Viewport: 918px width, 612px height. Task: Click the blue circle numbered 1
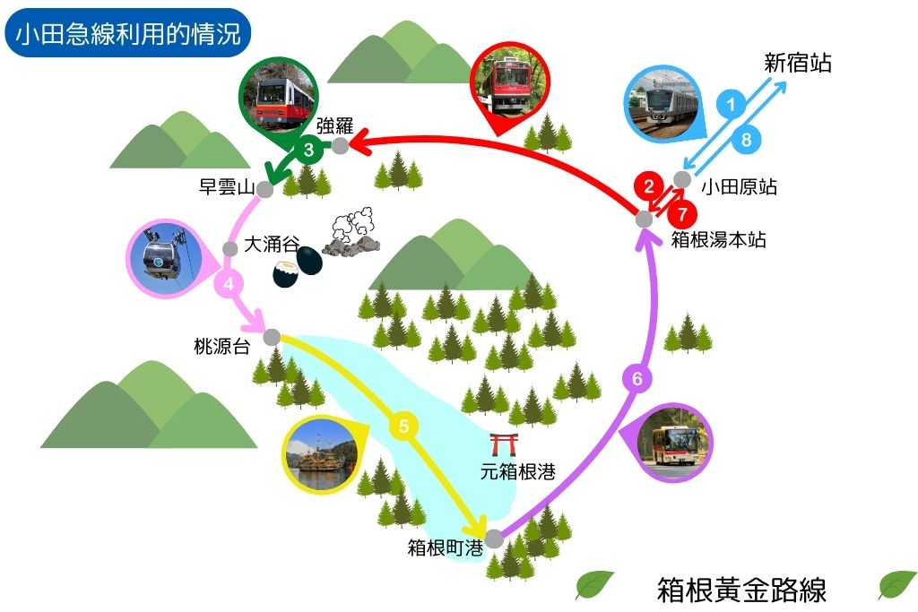coord(730,105)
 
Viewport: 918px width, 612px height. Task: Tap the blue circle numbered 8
coord(746,139)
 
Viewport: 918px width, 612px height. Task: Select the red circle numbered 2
coord(649,186)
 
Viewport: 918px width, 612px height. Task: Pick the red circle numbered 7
coord(682,214)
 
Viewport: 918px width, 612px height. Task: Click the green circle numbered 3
coord(308,150)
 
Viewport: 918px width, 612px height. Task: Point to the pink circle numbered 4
coord(229,284)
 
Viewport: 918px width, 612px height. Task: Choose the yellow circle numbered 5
coord(403,426)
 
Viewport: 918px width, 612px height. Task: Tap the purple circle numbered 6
coord(637,378)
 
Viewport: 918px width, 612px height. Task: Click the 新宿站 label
coord(797,63)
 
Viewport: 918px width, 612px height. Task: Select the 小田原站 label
coord(739,186)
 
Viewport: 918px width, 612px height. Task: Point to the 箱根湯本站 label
coord(718,239)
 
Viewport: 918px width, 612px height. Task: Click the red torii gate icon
coord(504,444)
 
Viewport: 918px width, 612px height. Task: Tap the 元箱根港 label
coord(517,471)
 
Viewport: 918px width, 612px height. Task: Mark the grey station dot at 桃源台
coord(272,337)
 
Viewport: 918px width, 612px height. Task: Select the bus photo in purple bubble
coord(675,442)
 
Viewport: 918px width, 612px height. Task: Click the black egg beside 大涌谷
coord(309,260)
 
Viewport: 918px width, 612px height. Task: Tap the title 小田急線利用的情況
coord(127,34)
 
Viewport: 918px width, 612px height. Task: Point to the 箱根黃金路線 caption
coord(741,590)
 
